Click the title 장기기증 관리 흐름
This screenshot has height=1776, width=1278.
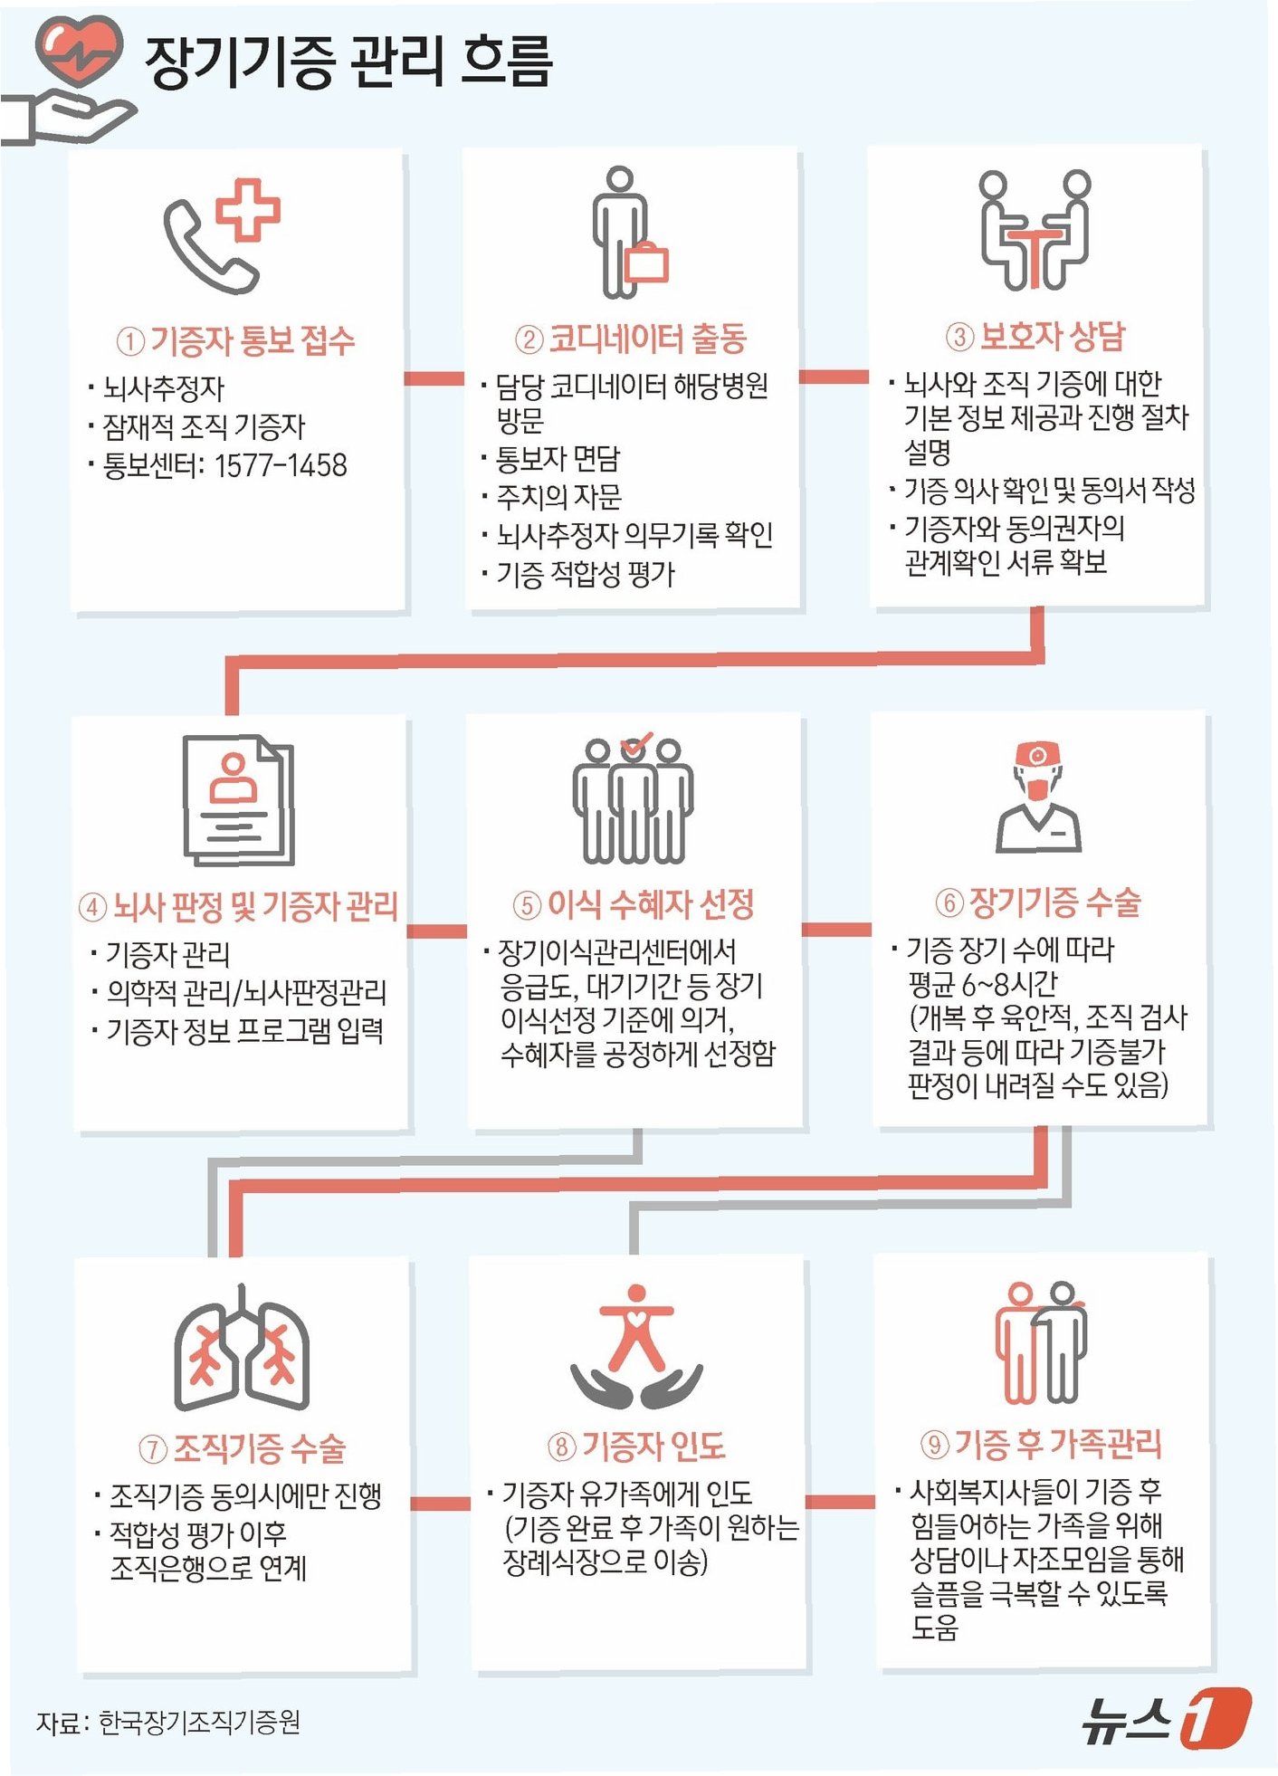pos(348,62)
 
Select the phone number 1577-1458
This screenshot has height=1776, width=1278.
pos(281,465)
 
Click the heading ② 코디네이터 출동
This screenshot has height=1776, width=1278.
pos(631,339)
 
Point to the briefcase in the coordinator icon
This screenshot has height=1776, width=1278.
pos(646,263)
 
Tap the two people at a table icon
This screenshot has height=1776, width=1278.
pos(1035,230)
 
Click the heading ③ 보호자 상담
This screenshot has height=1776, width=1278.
pos(1035,337)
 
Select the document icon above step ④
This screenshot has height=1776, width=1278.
pos(239,800)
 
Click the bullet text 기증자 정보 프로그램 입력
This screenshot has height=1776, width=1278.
pos(245,1030)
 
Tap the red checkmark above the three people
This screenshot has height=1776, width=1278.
pos(636,744)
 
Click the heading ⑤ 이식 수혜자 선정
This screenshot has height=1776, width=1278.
pos(634,904)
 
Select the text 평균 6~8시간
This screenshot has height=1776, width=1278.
pos(983,984)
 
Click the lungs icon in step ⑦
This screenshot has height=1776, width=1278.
pos(242,1349)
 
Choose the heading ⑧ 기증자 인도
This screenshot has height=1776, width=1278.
pos(636,1446)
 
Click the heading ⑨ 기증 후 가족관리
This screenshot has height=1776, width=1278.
pos(1041,1444)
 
